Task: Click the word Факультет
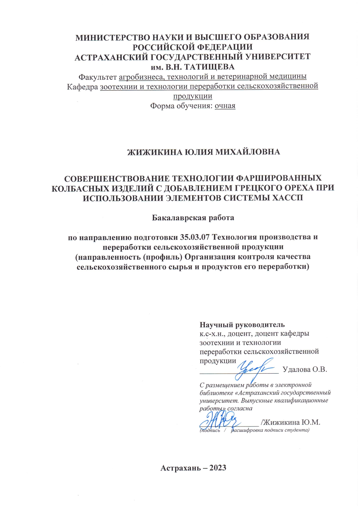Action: coord(98,77)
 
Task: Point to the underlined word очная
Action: coord(225,106)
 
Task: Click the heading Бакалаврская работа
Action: coord(193,218)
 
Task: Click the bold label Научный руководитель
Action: coord(242,325)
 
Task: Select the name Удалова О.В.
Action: coord(305,370)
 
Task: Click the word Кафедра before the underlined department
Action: coord(82,87)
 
